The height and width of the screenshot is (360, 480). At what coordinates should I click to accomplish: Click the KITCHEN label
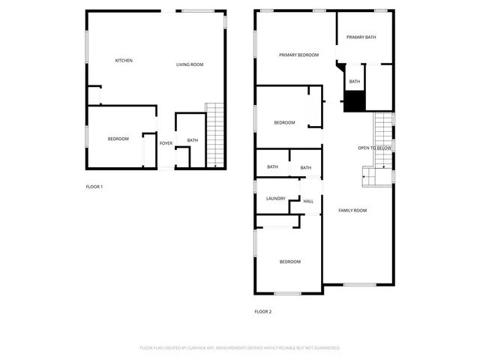pos(124,61)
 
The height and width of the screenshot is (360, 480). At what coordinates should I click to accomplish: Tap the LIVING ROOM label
pos(190,64)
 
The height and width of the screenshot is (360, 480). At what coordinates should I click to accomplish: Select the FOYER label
pos(166,143)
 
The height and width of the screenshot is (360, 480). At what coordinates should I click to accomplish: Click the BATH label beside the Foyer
pos(193,140)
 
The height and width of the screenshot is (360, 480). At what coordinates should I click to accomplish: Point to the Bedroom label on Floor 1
pos(118,139)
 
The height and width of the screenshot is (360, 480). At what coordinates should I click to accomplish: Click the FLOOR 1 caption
pos(94,186)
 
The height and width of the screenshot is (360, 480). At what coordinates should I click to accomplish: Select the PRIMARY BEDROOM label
pos(298,55)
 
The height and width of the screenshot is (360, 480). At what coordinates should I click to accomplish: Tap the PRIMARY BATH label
pos(360,37)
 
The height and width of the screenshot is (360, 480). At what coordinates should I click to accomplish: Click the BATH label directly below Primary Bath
pos(355,81)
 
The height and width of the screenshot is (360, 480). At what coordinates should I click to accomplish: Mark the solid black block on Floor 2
pos(354,100)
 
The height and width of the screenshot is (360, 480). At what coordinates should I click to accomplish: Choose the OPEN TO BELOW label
pos(374,148)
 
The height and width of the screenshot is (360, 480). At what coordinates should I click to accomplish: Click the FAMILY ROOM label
pos(352,211)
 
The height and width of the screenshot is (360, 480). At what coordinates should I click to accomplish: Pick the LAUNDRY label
pos(275,198)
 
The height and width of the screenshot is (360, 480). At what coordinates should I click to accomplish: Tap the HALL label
pos(307,201)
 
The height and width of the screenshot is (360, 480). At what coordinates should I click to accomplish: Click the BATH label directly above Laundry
pos(272,167)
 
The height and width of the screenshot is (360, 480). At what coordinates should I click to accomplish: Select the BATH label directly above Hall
pos(305,168)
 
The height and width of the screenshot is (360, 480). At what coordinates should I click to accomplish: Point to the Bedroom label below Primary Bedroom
pos(284,123)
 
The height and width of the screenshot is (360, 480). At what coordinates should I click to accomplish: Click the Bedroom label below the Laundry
pos(290,262)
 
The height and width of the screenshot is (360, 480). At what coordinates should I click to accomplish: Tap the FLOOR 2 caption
pos(262,311)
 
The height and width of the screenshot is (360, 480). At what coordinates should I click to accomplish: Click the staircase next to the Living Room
pos(215,135)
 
